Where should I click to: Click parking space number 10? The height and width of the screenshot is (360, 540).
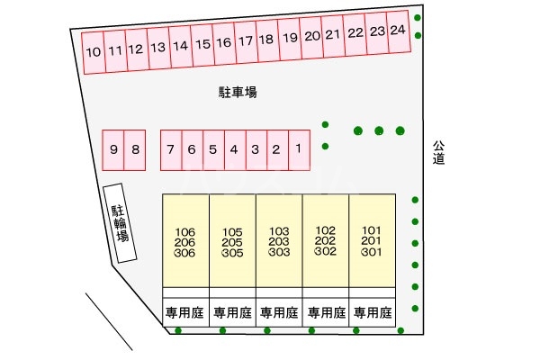click(x=93, y=51)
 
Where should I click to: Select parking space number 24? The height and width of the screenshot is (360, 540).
click(x=399, y=31)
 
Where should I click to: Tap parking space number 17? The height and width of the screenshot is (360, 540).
click(x=246, y=41)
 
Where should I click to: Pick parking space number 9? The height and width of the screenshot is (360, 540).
click(x=113, y=150)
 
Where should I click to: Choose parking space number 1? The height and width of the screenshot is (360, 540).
click(x=298, y=149)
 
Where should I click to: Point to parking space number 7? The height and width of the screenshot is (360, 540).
click(x=170, y=150)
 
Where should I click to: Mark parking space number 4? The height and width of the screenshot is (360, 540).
click(x=233, y=150)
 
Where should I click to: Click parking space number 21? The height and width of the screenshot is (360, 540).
click(x=333, y=36)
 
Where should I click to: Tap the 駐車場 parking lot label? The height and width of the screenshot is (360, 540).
click(x=238, y=92)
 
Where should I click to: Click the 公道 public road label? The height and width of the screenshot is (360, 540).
click(x=438, y=152)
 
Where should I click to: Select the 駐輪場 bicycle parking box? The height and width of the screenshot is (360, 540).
click(x=119, y=223)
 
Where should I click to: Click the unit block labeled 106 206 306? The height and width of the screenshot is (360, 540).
click(x=185, y=242)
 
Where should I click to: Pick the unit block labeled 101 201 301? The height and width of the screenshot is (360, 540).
click(x=372, y=240)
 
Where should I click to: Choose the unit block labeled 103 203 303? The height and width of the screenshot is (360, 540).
click(x=279, y=241)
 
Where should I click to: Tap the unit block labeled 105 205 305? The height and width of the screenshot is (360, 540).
click(x=232, y=242)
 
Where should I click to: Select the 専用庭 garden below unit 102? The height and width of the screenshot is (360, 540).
click(x=326, y=313)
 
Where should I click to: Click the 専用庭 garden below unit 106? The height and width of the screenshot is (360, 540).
click(x=185, y=313)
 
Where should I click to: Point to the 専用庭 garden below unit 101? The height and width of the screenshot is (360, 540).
click(x=372, y=313)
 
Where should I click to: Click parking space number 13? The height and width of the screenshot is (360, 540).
click(x=158, y=47)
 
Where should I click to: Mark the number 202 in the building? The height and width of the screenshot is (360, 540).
click(x=326, y=240)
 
